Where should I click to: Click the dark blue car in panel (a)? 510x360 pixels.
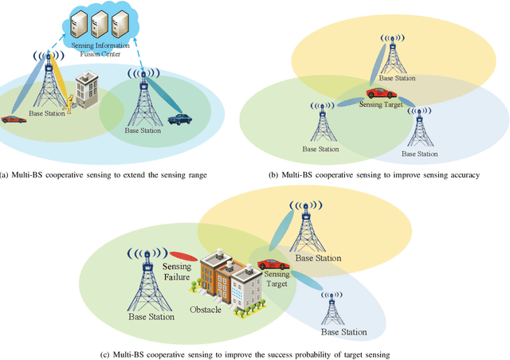coord(178,119)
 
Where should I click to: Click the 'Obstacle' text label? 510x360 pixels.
coord(206,309)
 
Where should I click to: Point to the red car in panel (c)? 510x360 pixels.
coord(273,264)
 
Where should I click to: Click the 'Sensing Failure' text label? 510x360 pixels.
coord(176,272)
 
